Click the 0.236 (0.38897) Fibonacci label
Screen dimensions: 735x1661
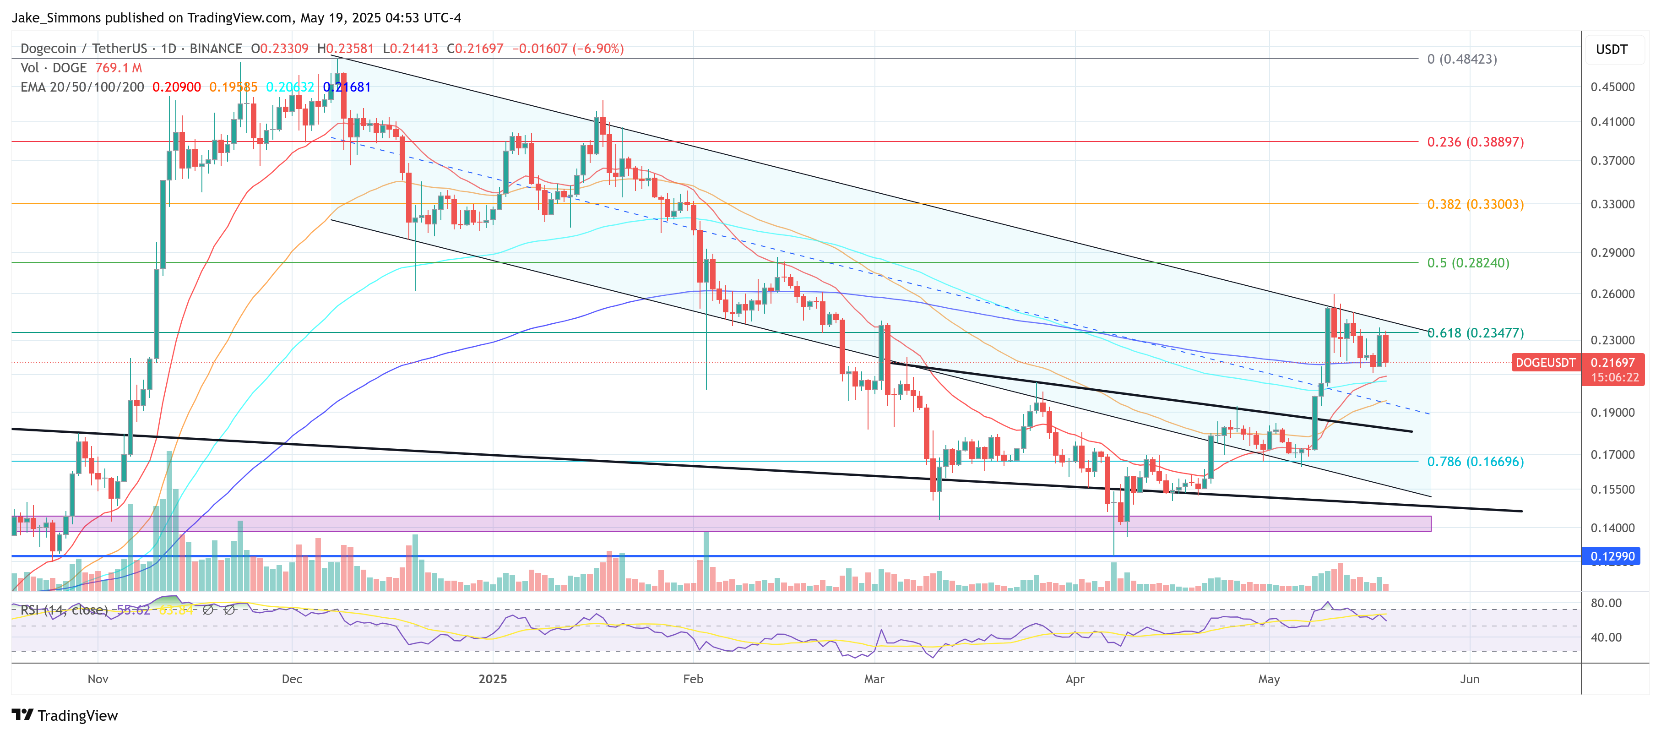[x=1475, y=142]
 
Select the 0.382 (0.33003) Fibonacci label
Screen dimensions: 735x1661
[x=1475, y=204]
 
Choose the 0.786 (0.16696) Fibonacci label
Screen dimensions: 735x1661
[x=1475, y=462]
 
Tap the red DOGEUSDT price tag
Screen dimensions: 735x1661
[x=1545, y=363]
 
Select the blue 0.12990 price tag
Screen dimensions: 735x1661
[x=1612, y=556]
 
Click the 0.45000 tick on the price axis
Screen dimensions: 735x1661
[x=1612, y=87]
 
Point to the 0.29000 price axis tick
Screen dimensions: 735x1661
[x=1612, y=253]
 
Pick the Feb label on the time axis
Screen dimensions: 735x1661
[x=693, y=679]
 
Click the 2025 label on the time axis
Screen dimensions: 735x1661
[x=493, y=679]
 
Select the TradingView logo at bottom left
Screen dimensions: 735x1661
[x=65, y=716]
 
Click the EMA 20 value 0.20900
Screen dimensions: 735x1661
[x=176, y=87]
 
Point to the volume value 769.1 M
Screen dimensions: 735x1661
[x=119, y=68]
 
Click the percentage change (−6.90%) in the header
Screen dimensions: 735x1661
[x=599, y=49]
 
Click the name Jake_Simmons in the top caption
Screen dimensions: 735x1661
[x=56, y=18]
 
